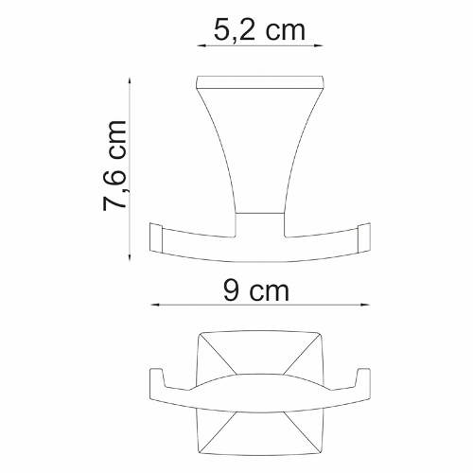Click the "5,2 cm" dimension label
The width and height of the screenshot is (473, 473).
[259, 30]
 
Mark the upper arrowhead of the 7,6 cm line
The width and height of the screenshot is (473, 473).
[131, 80]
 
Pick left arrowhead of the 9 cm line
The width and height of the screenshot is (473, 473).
[153, 306]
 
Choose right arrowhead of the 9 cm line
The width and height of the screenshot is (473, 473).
[365, 306]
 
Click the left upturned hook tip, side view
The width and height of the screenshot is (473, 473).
[156, 236]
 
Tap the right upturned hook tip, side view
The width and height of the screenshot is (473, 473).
[363, 236]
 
